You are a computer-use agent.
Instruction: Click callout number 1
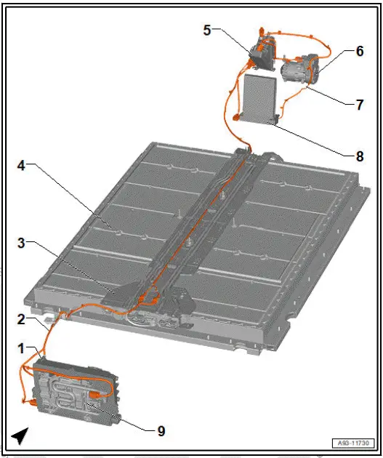(x=22, y=349)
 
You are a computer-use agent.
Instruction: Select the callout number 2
(x=22, y=318)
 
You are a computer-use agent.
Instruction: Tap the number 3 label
(x=22, y=243)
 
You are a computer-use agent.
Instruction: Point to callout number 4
(x=22, y=165)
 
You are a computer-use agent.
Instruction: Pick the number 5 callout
(x=207, y=30)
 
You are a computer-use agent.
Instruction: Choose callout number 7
(x=359, y=104)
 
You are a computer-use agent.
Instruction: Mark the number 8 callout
(x=359, y=156)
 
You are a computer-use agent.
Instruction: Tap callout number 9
(x=161, y=431)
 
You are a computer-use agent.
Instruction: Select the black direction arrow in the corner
(x=20, y=435)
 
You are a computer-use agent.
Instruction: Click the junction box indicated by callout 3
(x=120, y=292)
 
